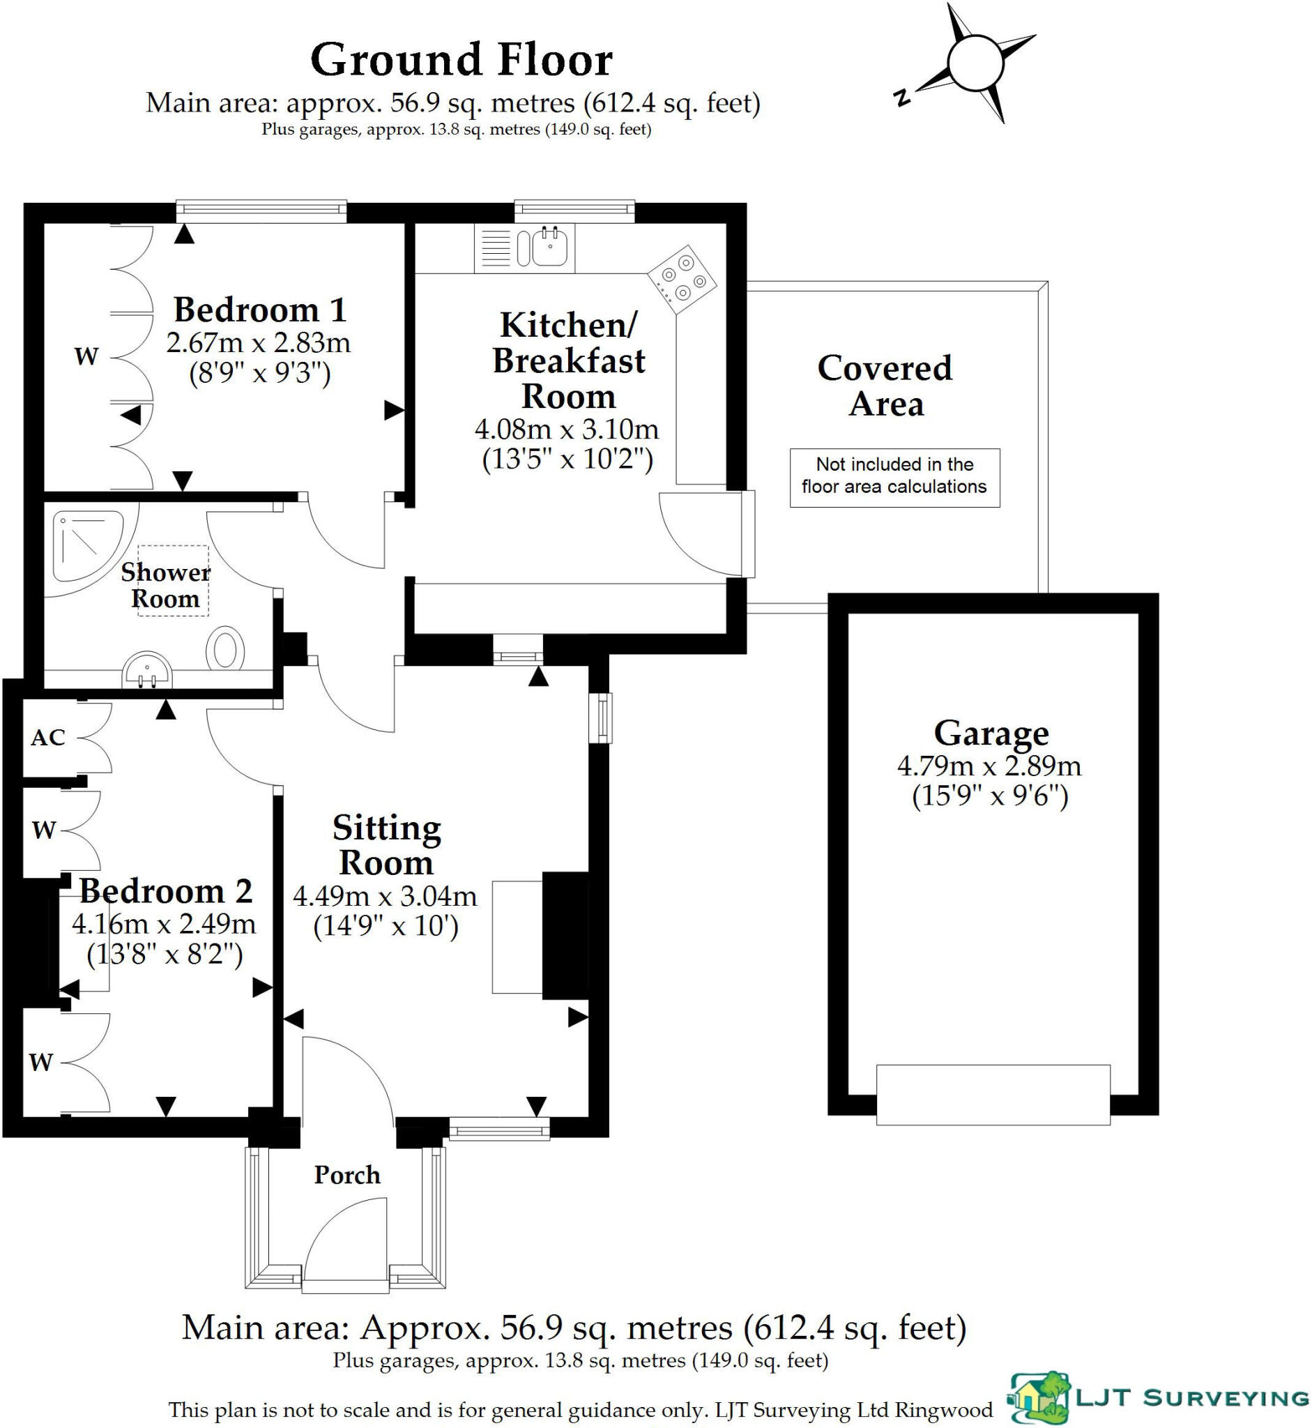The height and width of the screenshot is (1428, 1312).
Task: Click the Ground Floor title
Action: [x=462, y=60]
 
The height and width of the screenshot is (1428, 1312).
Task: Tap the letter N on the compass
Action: [x=902, y=98]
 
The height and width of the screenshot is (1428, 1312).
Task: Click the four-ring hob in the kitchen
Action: [x=682, y=279]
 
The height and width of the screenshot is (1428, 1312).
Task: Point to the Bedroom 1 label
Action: [x=260, y=310]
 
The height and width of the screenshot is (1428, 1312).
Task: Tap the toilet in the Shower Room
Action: [x=225, y=648]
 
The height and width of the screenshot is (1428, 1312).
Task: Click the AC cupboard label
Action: [x=47, y=738]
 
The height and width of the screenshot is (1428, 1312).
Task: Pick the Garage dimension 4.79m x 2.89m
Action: [x=989, y=766]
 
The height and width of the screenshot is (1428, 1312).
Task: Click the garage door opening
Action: [x=993, y=1094]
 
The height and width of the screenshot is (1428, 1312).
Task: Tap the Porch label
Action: [x=347, y=1175]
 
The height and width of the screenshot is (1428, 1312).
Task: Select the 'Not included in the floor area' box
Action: [x=894, y=477]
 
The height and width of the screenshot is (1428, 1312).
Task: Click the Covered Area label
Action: [x=885, y=386]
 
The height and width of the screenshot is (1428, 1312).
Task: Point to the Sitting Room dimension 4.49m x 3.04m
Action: [x=385, y=896]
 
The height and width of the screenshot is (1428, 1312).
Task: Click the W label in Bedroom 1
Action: [x=86, y=356]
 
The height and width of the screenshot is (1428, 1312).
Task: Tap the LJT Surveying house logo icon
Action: [x=1039, y=1398]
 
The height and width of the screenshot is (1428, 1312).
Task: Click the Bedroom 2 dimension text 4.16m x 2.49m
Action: [x=164, y=924]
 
